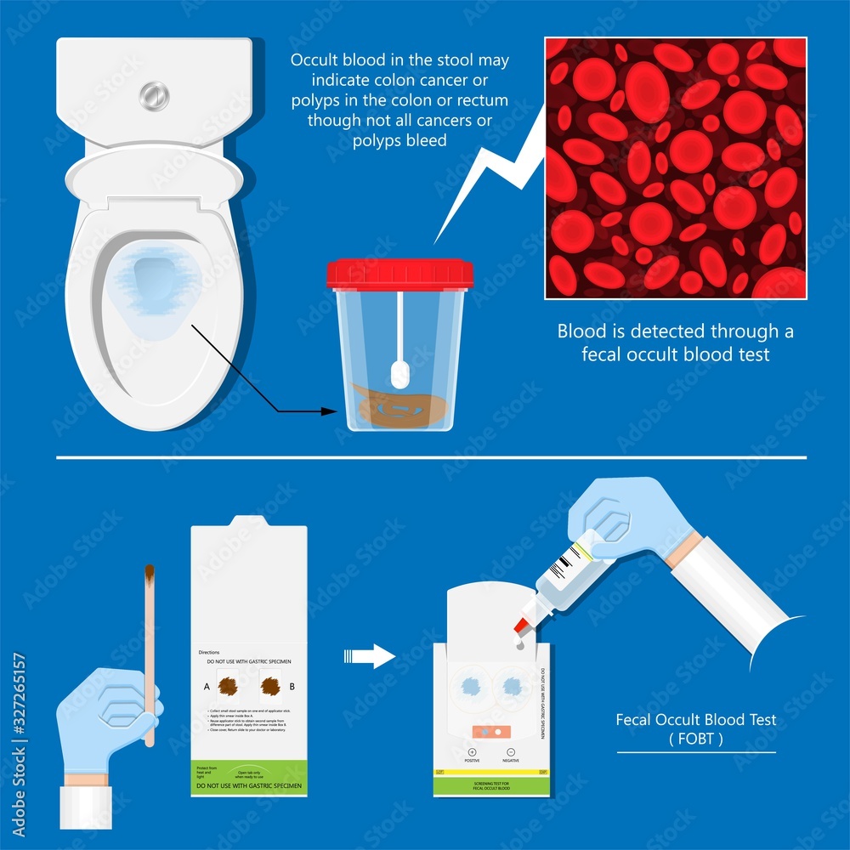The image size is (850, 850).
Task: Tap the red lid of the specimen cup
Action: pyautogui.click(x=399, y=274)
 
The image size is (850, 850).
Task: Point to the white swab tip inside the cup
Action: pyautogui.click(x=398, y=373)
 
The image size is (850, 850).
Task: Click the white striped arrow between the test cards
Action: pyautogui.click(x=371, y=656)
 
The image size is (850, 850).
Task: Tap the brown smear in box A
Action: pyautogui.click(x=229, y=685)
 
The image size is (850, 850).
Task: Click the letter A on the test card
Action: pyautogui.click(x=207, y=685)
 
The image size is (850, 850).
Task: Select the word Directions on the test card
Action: pyautogui.click(x=209, y=652)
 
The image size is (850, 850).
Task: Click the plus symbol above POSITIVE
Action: pyautogui.click(x=473, y=752)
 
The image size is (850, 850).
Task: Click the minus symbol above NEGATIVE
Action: pyautogui.click(x=510, y=752)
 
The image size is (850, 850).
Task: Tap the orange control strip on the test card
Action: pyautogui.click(x=490, y=731)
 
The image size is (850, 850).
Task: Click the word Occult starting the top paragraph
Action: pyautogui.click(x=311, y=61)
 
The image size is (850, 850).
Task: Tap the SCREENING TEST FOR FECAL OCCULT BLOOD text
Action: pyautogui.click(x=490, y=785)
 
